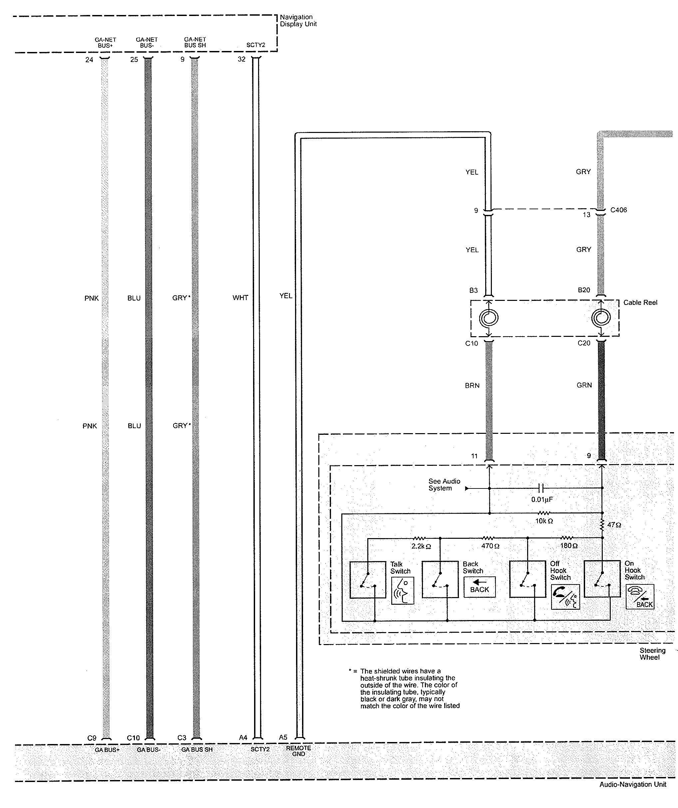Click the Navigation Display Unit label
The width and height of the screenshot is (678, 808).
[298, 20]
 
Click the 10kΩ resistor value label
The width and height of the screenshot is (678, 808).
[544, 521]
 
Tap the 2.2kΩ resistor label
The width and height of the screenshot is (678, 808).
[421, 546]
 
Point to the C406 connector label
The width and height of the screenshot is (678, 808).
[618, 210]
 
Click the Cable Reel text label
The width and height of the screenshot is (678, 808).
[640, 303]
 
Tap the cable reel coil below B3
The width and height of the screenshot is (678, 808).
[489, 318]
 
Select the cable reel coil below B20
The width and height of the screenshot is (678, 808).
[601, 318]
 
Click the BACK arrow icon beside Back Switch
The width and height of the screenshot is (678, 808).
[480, 587]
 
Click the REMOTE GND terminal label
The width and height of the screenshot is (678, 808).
[298, 751]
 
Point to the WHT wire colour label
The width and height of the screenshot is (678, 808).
[240, 298]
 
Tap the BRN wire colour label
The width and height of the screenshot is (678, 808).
[472, 386]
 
